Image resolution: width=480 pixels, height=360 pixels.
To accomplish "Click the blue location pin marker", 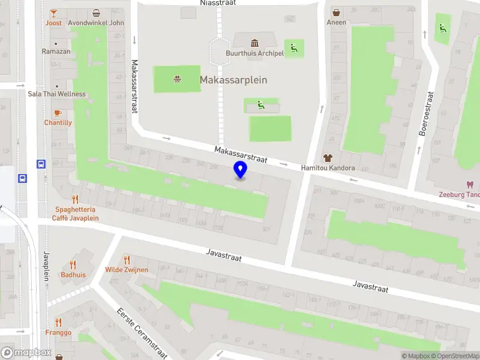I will pos(240,170).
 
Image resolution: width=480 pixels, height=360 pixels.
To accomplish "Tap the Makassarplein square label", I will pos(233,80).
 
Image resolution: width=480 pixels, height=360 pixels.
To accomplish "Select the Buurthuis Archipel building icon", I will pos(254,43).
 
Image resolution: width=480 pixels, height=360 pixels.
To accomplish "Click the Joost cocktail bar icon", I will pos(53,13).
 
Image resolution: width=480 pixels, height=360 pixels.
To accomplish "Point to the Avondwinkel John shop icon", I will pos(96,13).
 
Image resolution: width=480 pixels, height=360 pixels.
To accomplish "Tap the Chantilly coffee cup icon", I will pos(58,113).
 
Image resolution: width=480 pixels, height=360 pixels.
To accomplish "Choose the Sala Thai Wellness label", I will pos(56,94).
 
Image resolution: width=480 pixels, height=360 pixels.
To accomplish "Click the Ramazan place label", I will pos(56,52).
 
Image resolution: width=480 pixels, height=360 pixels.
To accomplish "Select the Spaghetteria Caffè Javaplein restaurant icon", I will pos(75,199).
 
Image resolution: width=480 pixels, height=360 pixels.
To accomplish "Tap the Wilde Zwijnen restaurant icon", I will pos(127,260).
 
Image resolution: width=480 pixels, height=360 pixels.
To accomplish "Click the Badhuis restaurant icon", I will pos(73,265).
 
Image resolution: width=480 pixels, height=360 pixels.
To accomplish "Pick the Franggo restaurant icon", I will pos(58,322).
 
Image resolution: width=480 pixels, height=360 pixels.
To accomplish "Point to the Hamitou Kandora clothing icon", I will pos(328,158).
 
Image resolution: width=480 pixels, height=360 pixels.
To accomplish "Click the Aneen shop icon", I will pos(336,13).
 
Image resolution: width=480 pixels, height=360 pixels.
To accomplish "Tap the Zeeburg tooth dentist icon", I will pos(470,185).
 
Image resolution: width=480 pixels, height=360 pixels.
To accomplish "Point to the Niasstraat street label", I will pos(218,3).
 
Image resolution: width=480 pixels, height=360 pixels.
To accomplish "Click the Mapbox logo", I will pos(26,353).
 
